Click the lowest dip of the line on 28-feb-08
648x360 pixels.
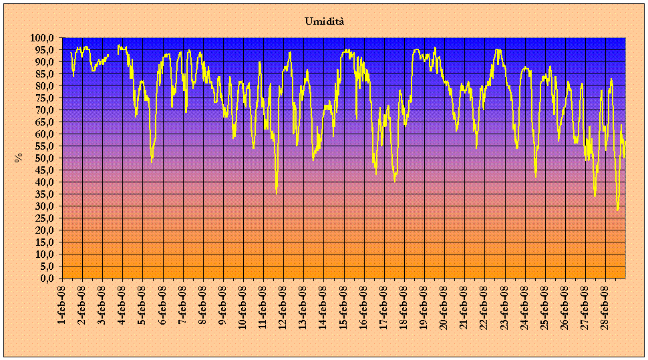tap(618, 210)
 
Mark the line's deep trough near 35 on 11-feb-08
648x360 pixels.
tap(277, 194)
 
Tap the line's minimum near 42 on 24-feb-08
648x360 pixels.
tap(536, 176)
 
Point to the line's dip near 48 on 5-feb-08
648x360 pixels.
tap(152, 162)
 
